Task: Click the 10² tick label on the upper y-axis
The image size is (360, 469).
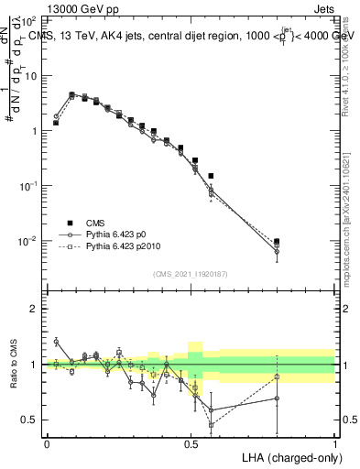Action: tap(31, 20)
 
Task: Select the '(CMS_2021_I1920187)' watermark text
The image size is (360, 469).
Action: tap(191, 274)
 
